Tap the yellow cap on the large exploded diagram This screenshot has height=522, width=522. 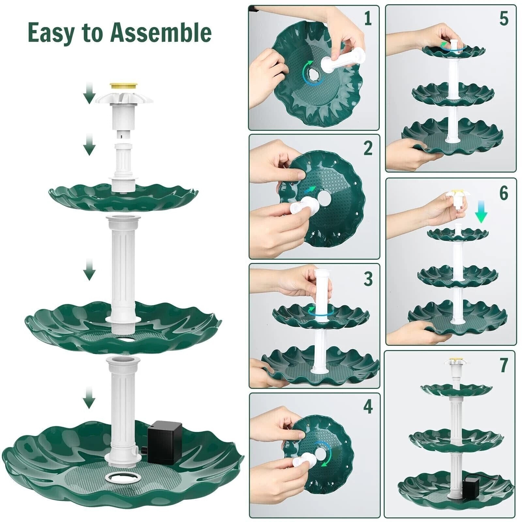tap(124, 86)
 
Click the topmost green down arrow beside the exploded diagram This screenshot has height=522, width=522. tap(89, 93)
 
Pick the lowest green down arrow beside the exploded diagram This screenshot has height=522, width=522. tap(89, 398)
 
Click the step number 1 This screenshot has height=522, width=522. tap(368, 19)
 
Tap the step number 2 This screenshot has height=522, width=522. tap(368, 148)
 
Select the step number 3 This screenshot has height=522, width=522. tap(368, 279)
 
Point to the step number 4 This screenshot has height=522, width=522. tap(368, 407)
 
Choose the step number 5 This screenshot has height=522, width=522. tap(504, 19)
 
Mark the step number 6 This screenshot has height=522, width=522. tap(504, 193)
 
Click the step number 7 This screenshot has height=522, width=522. tap(504, 365)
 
